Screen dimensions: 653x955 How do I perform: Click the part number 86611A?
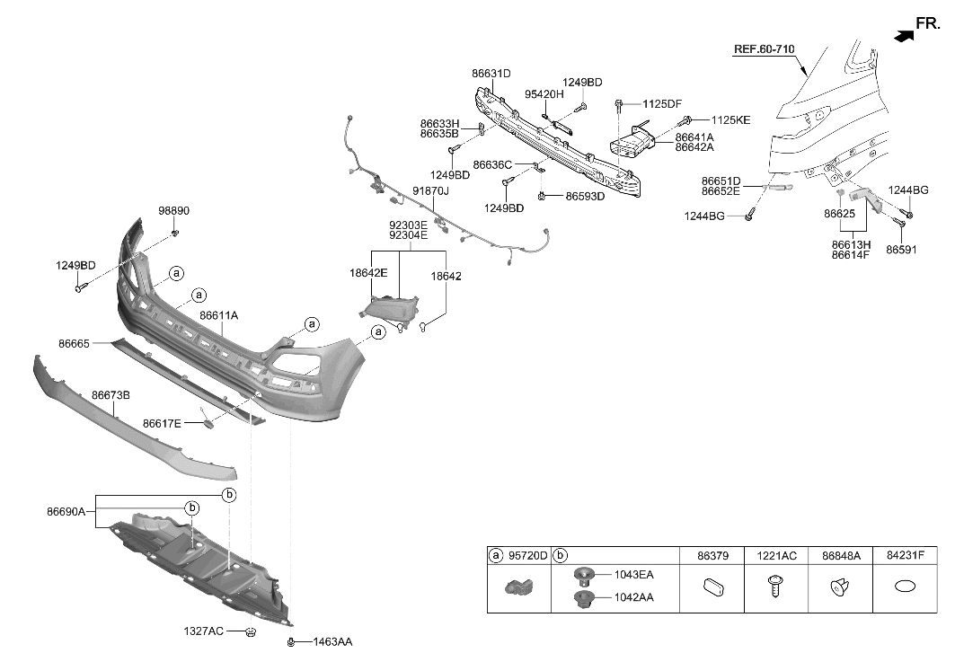click(x=218, y=315)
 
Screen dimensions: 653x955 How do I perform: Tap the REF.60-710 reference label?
click(x=764, y=50)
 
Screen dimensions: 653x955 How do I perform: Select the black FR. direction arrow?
click(x=904, y=34)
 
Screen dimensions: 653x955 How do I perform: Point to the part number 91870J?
click(x=430, y=191)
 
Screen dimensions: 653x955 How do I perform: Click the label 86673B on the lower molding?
click(x=111, y=394)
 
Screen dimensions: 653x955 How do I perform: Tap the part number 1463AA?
click(x=332, y=642)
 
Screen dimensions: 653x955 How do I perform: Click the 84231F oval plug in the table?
click(x=906, y=587)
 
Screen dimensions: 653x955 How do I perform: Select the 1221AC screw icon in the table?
click(x=771, y=588)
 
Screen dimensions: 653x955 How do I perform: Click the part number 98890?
click(x=174, y=211)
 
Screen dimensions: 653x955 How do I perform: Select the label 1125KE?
click(x=730, y=119)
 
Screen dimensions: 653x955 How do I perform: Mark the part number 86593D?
click(x=585, y=196)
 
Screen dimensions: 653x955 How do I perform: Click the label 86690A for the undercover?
click(x=66, y=512)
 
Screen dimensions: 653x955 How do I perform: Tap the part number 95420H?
click(x=544, y=94)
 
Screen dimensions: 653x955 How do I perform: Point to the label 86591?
click(x=901, y=249)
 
